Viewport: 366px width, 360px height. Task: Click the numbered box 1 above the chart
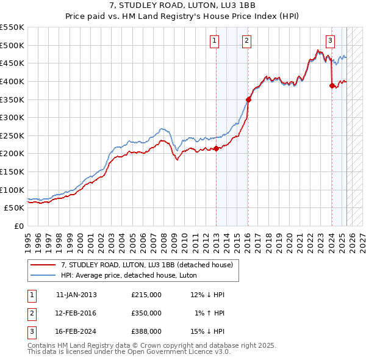coord(215,41)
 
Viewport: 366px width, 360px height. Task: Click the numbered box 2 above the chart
coord(247,41)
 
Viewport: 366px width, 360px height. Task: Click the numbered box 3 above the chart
coord(330,41)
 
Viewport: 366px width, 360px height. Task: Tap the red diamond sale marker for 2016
coord(248,99)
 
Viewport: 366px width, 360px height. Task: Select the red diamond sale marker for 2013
coord(216,148)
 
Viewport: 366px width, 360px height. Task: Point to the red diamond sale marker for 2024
coord(332,86)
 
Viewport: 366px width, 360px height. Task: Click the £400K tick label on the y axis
coord(12,81)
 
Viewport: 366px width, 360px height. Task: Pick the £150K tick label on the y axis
coord(12,171)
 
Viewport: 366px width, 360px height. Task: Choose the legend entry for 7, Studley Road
coord(147,265)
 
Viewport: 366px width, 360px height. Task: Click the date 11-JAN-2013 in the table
coord(76,295)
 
